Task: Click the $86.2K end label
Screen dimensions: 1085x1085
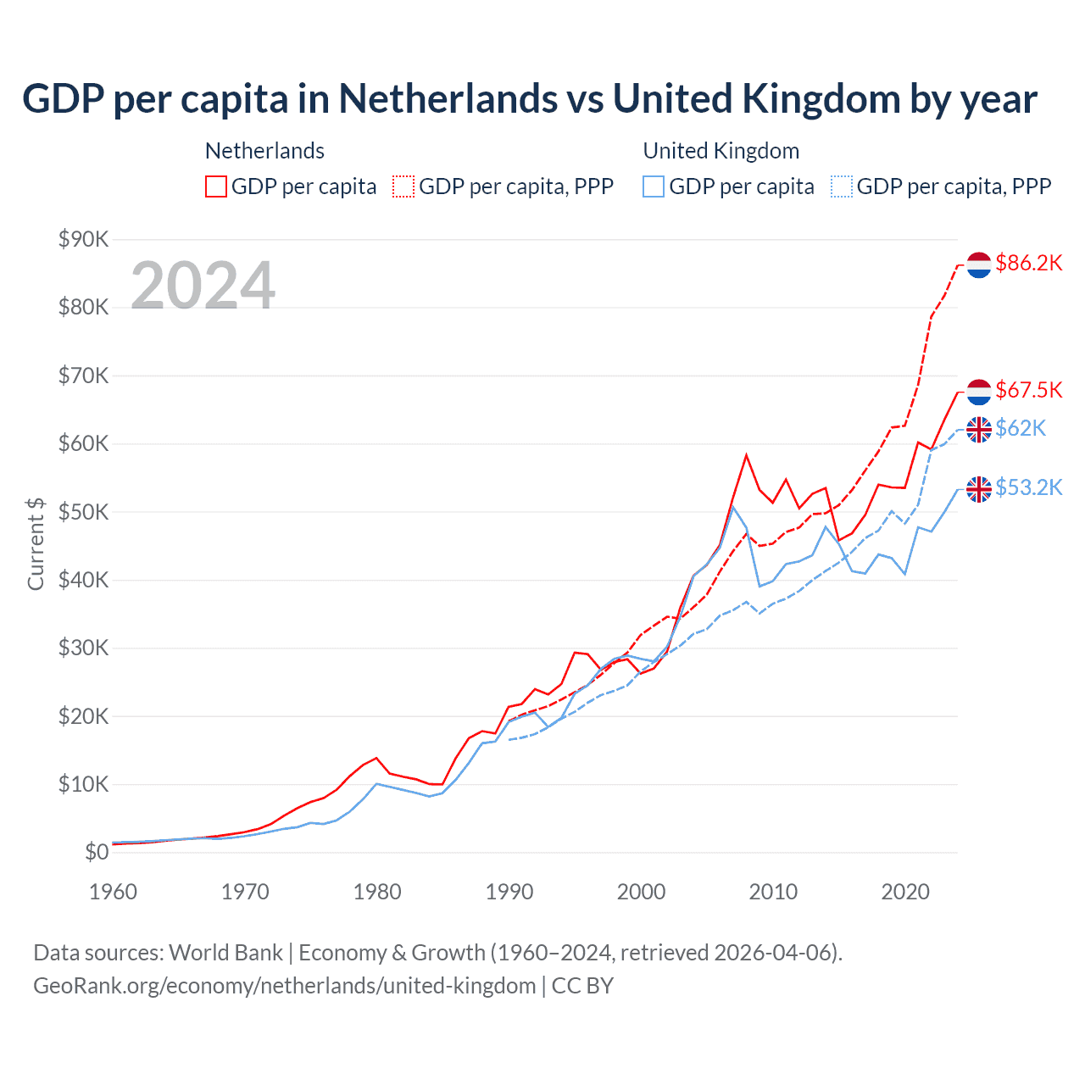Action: click(1028, 264)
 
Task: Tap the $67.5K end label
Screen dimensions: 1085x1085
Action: click(1028, 390)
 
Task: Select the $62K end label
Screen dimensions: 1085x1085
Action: click(1021, 428)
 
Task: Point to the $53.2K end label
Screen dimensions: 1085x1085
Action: click(1028, 487)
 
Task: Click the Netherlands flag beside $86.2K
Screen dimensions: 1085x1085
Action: click(979, 264)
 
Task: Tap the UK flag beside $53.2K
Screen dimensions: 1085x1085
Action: click(979, 489)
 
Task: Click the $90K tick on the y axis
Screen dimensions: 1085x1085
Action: click(83, 239)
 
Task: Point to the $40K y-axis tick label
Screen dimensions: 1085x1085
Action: click(83, 580)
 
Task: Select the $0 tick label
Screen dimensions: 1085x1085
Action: click(97, 852)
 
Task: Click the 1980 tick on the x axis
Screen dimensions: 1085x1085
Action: click(377, 892)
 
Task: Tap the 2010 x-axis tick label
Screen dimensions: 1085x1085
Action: click(773, 892)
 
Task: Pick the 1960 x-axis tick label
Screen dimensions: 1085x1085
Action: click(113, 892)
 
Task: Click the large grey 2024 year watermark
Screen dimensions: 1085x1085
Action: click(203, 286)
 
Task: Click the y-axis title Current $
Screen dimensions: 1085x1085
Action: click(36, 543)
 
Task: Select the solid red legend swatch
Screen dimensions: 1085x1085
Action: click(216, 186)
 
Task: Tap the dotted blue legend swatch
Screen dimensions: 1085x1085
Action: click(841, 186)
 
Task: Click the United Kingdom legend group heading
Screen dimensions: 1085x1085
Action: click(721, 151)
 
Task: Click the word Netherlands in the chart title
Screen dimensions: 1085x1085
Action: click(448, 99)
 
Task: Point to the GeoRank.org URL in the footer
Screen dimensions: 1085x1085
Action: click(284, 986)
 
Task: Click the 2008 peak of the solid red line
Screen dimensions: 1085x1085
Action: click(746, 455)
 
